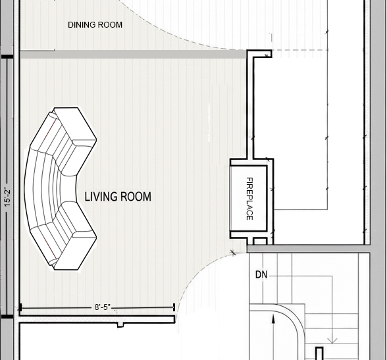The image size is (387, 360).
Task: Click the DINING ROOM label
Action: tap(95, 25)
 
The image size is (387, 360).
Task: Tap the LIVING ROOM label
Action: tap(118, 197)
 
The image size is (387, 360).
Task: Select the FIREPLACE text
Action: tap(249, 198)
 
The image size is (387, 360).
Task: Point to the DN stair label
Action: tap(261, 274)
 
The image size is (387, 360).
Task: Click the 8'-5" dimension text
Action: tap(103, 307)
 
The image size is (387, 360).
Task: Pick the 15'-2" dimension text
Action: tap(7, 197)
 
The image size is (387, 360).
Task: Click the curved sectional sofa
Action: tap(61, 188)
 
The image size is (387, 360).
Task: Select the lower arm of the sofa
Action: tap(74, 249)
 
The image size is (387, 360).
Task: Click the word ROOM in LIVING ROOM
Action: tap(136, 197)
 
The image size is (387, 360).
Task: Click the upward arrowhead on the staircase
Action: tap(273, 319)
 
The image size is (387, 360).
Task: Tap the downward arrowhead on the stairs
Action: tap(332, 341)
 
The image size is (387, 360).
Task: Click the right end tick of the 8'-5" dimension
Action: tap(174, 307)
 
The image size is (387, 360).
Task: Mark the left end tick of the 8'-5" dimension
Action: tap(20, 307)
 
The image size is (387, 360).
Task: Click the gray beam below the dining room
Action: tap(133, 54)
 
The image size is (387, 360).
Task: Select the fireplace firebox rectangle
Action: tap(248, 198)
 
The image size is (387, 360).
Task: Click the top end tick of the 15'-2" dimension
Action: tap(7, 57)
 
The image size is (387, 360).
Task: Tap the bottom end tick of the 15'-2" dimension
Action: tap(7, 317)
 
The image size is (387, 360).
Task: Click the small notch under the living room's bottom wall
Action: tap(120, 324)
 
